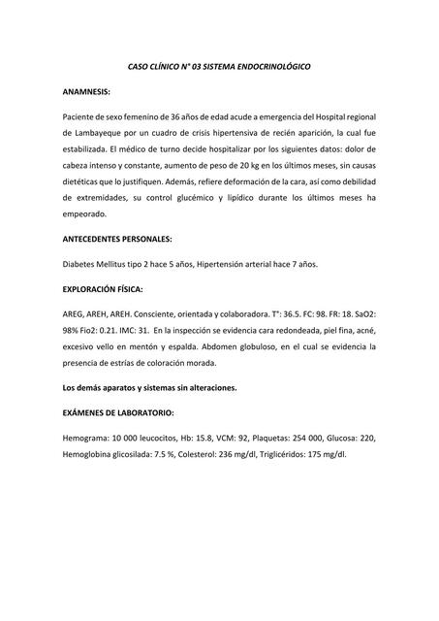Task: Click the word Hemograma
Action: [x=87, y=438]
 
